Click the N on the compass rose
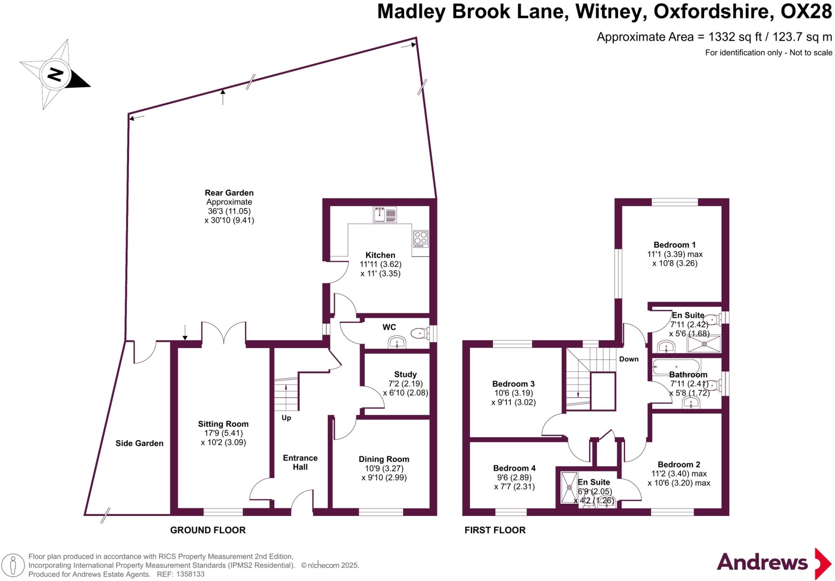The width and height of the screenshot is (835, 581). coord(55,75)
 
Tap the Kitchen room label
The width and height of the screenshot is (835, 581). coord(380,255)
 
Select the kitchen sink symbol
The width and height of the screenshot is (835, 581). coord(384,215)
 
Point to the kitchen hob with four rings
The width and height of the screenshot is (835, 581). coord(420,239)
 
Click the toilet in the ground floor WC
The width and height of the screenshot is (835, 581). coord(420,334)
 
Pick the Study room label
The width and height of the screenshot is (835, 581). coord(405,375)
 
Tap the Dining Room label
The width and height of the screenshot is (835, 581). coord(384,459)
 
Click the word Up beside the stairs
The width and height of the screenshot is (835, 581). coord(286,418)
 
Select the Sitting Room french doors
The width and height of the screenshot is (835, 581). coord(223,333)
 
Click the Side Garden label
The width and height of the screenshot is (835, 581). coord(139,443)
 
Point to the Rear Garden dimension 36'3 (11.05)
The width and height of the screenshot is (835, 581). coord(229,211)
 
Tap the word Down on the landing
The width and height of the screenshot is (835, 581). coord(629,359)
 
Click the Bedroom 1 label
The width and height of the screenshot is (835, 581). coord(674,245)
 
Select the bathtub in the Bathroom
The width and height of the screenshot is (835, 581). coord(676,366)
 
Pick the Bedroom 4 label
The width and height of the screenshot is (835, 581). coord(514,468)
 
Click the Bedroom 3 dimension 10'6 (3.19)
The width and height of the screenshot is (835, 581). coord(513,393)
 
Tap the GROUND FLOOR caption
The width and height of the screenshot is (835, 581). coord(208,530)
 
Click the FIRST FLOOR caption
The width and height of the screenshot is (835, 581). coord(495,530)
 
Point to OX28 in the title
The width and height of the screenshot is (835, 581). coord(806,12)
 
